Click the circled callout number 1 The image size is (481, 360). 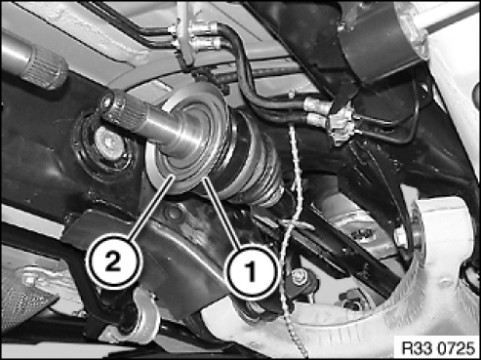click(x=252, y=271)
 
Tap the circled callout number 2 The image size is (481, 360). click(x=114, y=262)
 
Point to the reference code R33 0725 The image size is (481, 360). click(x=438, y=348)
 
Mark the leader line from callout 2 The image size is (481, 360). click(x=151, y=209)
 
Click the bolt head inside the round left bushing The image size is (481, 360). click(x=109, y=144)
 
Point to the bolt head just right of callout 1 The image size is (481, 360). click(x=299, y=277)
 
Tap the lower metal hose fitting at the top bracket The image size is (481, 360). click(x=205, y=43)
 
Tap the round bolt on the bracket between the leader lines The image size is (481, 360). click(x=173, y=213)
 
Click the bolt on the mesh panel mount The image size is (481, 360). click(x=28, y=280)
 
